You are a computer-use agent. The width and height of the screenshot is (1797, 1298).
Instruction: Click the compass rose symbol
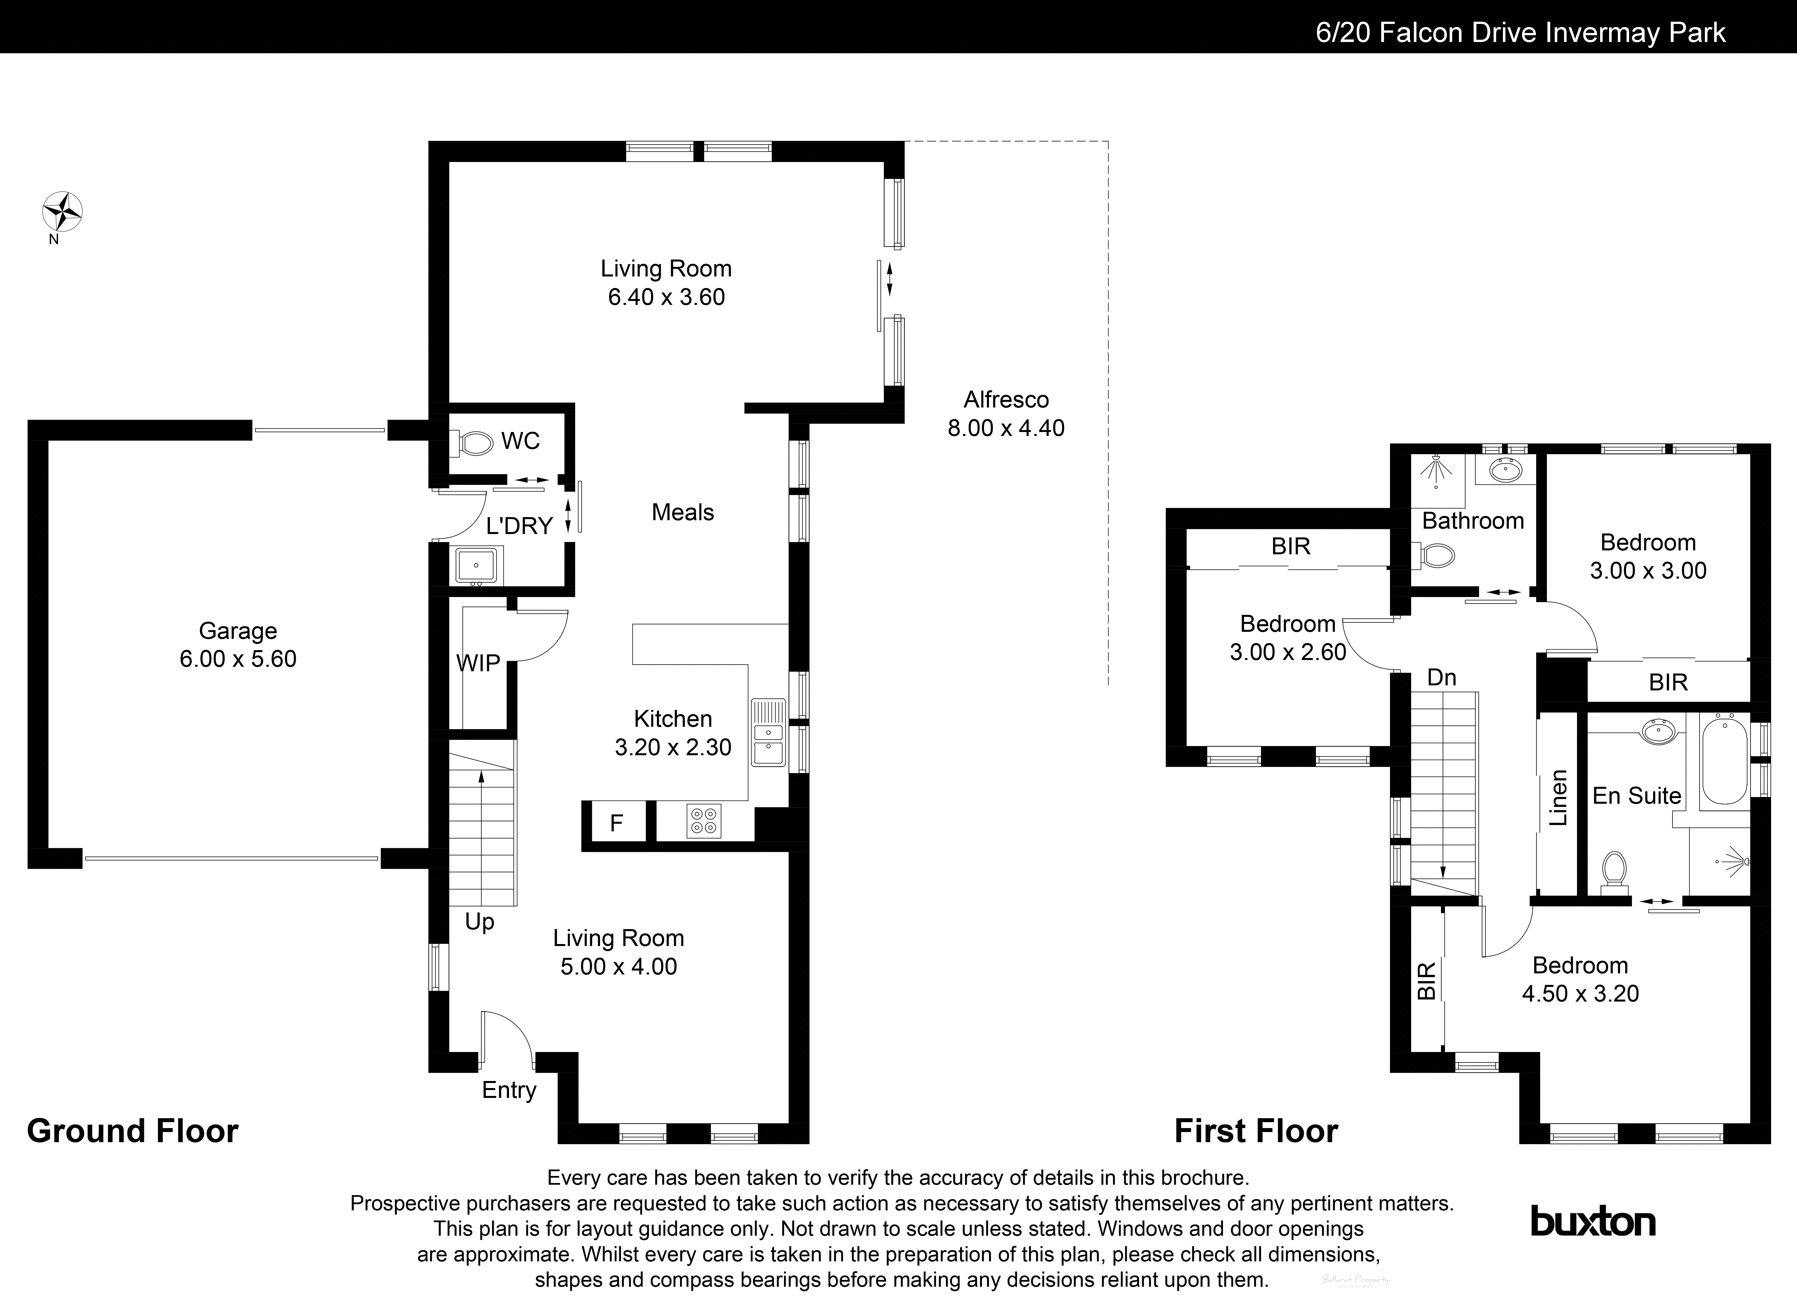[x=62, y=212]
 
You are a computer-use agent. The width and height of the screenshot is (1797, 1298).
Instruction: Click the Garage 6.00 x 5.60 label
[x=238, y=645]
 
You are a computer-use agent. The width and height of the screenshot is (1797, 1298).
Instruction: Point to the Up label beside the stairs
[x=479, y=922]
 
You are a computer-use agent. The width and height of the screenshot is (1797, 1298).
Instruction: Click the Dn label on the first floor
[x=1441, y=677]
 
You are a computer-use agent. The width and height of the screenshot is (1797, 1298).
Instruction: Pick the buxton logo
[x=1592, y=1221]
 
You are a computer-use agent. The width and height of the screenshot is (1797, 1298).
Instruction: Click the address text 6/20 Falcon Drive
[x=1520, y=32]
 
